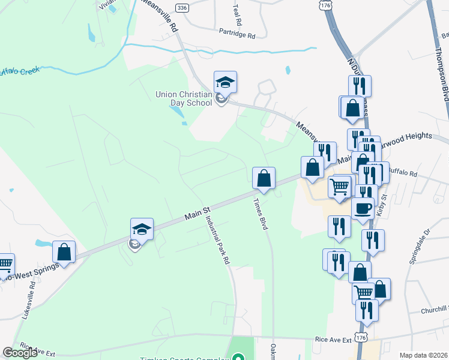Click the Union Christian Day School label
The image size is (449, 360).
184,98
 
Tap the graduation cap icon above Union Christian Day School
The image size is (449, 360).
225,82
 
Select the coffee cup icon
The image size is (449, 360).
363,209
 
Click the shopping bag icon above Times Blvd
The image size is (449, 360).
264,178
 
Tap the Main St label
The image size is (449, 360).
196,212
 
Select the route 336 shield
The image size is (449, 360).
182,7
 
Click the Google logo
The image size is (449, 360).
20,353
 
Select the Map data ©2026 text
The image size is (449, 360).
424,355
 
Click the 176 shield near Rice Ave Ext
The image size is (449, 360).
361,339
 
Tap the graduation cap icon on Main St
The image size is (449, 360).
142,229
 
